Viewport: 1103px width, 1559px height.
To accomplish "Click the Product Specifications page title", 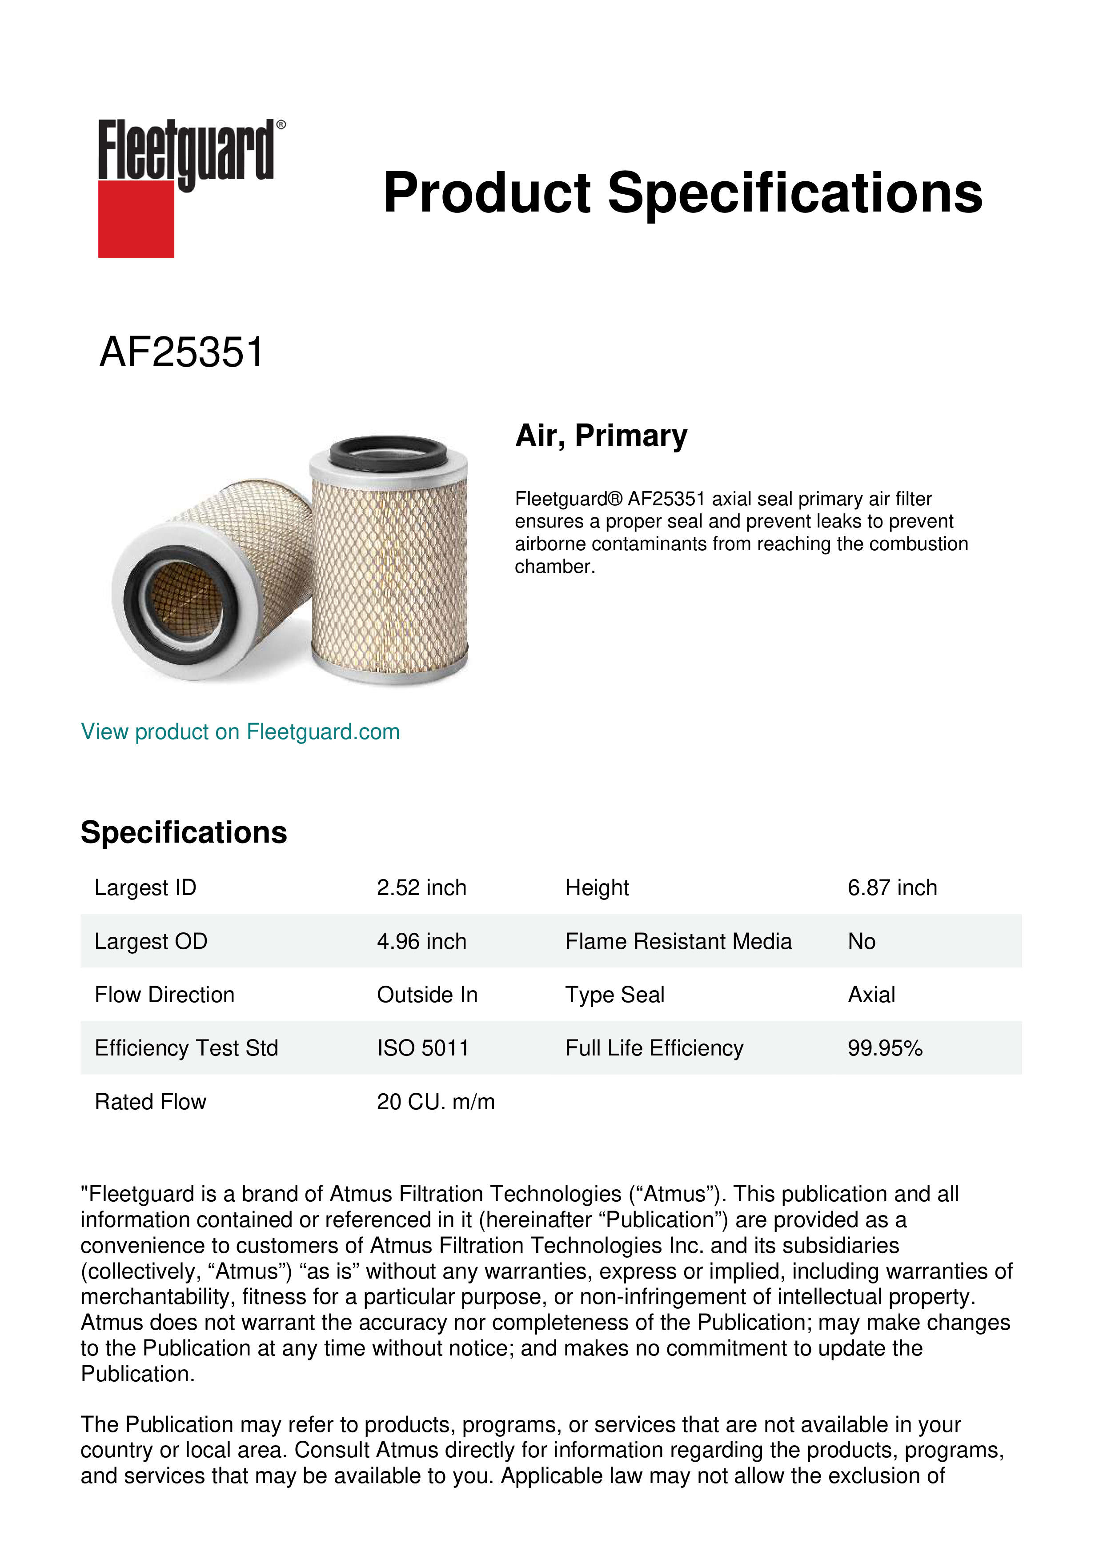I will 682,193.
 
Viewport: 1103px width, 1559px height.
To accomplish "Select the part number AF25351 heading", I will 181,352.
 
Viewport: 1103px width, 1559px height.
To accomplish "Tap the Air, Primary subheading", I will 601,435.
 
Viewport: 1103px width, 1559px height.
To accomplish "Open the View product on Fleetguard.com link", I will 241,732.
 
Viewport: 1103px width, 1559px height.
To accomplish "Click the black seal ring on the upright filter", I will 388,450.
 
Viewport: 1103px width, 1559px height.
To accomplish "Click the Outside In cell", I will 427,995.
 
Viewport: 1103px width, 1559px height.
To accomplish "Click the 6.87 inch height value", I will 892,887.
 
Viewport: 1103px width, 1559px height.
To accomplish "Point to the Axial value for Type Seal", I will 871,995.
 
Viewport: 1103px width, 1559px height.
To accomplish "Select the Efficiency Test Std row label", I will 187,1048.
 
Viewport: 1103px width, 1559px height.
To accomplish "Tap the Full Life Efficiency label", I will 654,1048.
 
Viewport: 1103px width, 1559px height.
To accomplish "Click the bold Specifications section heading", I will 184,832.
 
